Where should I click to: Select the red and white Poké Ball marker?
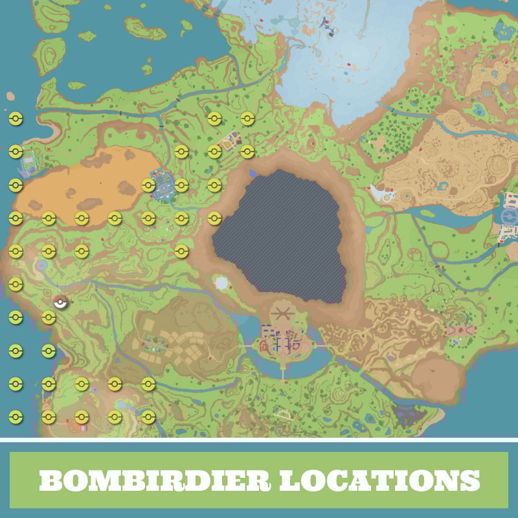[60, 301]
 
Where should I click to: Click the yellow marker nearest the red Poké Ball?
[49, 317]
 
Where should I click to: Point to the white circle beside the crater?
[221, 283]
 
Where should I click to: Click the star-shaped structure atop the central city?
[281, 315]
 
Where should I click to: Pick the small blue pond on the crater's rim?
[253, 173]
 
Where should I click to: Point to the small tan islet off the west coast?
[10, 96]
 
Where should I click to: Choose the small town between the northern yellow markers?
[230, 140]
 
